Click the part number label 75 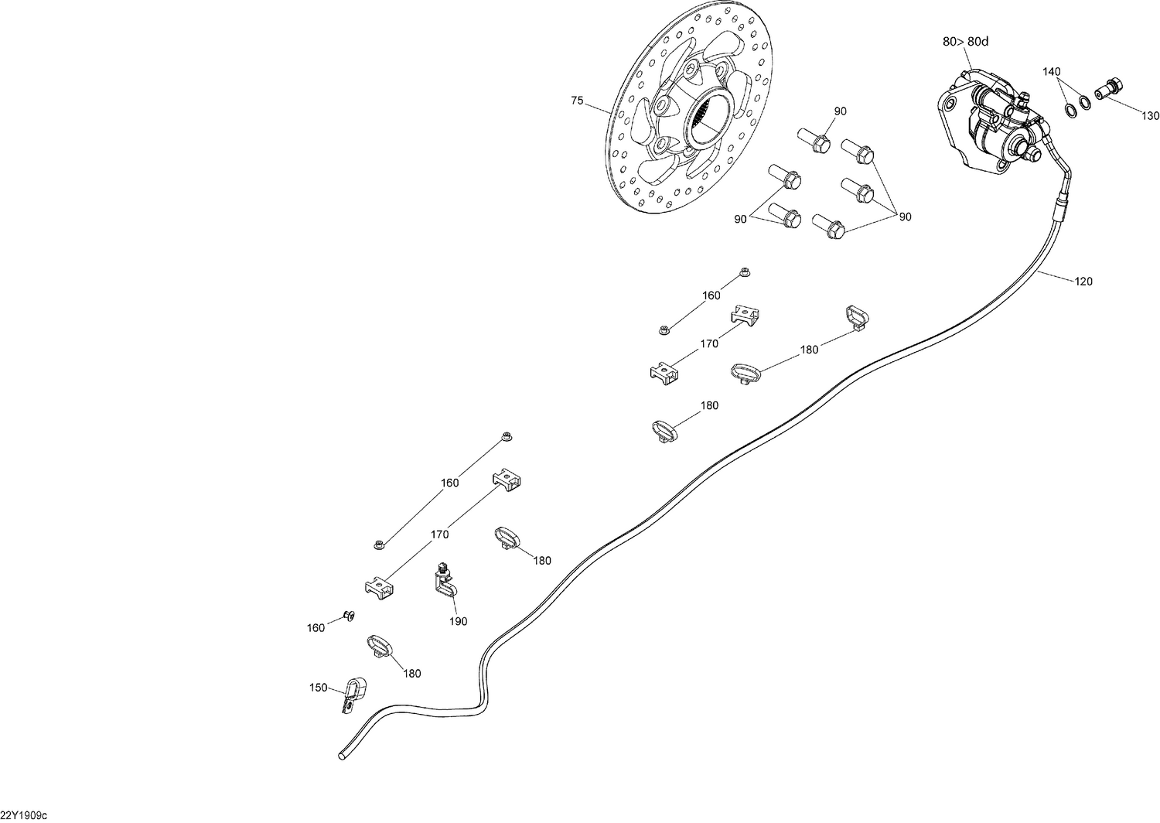click(577, 101)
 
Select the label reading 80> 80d click(965, 43)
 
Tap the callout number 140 click(1051, 72)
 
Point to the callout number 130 click(1151, 116)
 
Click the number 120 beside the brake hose click(1083, 282)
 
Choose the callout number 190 click(458, 621)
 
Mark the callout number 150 click(318, 688)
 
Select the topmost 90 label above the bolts click(840, 111)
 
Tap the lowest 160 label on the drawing click(316, 628)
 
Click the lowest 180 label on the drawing click(412, 674)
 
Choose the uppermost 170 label click(709, 343)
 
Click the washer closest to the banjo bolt click(1085, 101)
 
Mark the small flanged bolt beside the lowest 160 click(348, 616)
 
